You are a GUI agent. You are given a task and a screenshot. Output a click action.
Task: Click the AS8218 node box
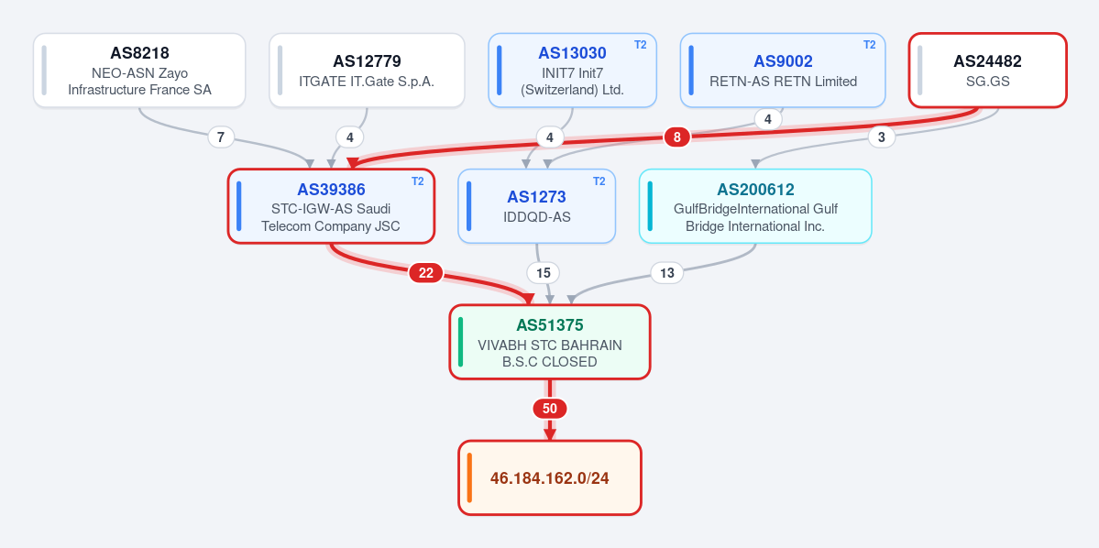(x=139, y=71)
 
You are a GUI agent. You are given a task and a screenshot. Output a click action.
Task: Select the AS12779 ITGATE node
(x=367, y=71)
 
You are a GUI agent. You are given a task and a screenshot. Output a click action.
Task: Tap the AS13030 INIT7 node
(x=572, y=71)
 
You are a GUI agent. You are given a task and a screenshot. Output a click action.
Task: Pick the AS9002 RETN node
(x=783, y=71)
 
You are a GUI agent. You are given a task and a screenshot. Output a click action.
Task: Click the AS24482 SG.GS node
(x=987, y=71)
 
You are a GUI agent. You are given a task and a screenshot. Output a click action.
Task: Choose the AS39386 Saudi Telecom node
(x=331, y=206)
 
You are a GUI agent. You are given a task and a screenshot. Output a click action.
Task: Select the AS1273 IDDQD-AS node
(x=537, y=206)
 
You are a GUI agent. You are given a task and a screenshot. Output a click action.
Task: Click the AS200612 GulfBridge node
(x=755, y=206)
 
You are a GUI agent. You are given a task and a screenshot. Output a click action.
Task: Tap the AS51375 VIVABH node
(x=550, y=342)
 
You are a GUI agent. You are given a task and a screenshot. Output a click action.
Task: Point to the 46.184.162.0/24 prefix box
(x=550, y=478)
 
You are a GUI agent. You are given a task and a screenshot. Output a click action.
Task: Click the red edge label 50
(x=550, y=409)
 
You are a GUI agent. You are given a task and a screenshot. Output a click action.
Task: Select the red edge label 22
(x=426, y=273)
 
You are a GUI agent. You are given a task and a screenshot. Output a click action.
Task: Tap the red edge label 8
(x=677, y=137)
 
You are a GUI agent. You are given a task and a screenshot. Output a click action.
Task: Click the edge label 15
(x=544, y=273)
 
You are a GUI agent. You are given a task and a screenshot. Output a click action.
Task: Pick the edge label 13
(x=667, y=273)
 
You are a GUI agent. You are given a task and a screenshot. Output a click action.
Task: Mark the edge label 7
(x=221, y=137)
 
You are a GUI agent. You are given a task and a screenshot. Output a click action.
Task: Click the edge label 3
(x=882, y=137)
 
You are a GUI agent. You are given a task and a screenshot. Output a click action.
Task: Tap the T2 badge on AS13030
(x=641, y=45)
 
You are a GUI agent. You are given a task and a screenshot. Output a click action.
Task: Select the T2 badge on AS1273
(x=599, y=181)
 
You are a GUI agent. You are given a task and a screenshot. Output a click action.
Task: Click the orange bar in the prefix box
(x=469, y=478)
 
